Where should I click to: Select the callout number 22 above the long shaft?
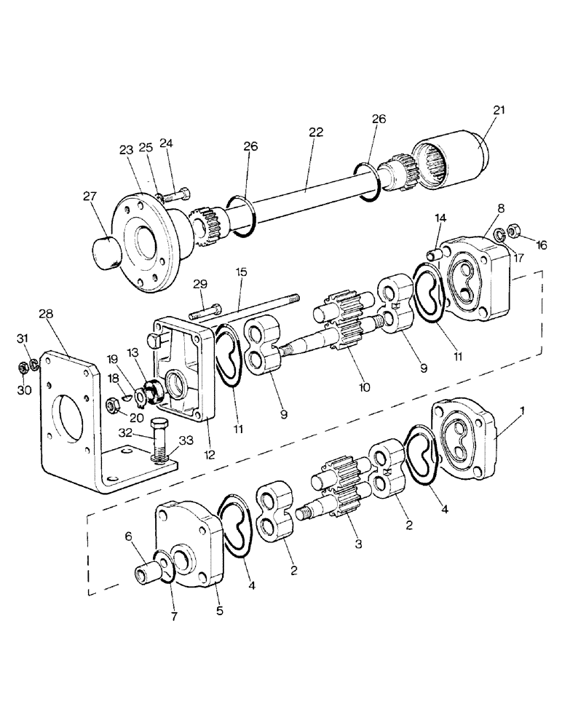(x=314, y=132)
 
